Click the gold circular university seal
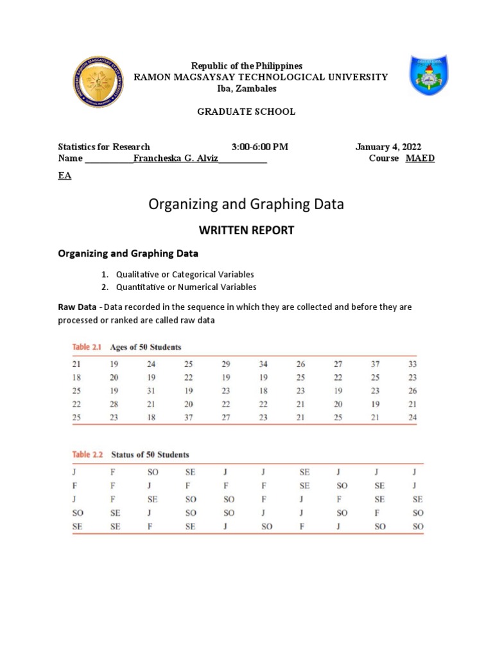(x=99, y=81)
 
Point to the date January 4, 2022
(x=388, y=147)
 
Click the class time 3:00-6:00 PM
(x=260, y=147)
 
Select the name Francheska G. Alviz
(x=175, y=158)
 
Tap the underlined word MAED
(x=420, y=158)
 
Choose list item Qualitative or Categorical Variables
(x=185, y=274)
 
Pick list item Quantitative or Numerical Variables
(x=186, y=287)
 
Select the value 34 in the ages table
(x=263, y=364)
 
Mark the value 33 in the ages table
(x=412, y=364)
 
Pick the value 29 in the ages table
(x=225, y=364)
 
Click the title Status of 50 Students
(x=150, y=455)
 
